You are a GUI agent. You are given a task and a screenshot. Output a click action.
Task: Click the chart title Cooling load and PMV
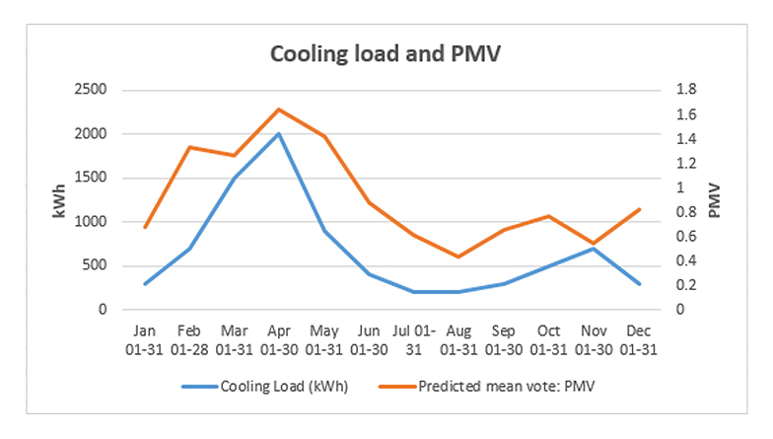click(x=386, y=53)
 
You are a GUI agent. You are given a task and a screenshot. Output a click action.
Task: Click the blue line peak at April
click(x=279, y=133)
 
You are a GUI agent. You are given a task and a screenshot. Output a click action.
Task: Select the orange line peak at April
click(x=279, y=110)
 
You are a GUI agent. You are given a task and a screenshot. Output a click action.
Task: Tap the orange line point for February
click(x=189, y=147)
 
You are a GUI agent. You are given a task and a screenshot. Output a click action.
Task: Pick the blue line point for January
click(x=145, y=283)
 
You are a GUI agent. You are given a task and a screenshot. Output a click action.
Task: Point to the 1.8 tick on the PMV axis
click(x=685, y=90)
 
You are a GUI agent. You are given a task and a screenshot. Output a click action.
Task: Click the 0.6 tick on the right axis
click(x=685, y=237)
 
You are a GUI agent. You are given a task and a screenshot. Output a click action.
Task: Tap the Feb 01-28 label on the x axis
click(x=189, y=339)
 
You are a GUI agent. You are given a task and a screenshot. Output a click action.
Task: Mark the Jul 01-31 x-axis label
click(x=413, y=339)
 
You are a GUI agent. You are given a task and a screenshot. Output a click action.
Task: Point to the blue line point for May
click(x=323, y=231)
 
